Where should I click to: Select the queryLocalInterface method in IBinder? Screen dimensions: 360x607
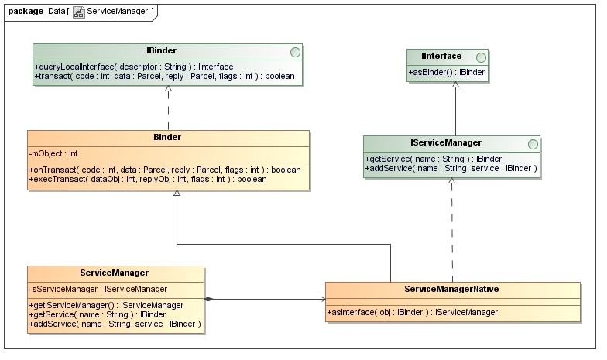tap(133, 67)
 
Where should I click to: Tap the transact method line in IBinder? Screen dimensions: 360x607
tap(164, 76)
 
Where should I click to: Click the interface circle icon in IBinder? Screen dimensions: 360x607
tap(294, 51)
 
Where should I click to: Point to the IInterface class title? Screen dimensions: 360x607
tap(441, 56)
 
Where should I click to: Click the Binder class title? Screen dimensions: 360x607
tap(168, 138)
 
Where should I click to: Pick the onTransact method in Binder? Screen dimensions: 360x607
tap(164, 170)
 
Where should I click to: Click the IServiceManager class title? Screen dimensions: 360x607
tap(445, 142)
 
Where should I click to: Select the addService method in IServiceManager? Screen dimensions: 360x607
tap(450, 168)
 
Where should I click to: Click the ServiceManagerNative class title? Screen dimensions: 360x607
tap(451, 289)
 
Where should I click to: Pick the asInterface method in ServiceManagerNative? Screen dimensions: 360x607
tap(412, 312)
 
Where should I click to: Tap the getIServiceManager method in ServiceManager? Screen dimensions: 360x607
tap(106, 305)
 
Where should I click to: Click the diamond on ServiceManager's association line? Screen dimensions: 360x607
tap(209, 299)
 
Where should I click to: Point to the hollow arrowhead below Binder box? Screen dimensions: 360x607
tap(177, 194)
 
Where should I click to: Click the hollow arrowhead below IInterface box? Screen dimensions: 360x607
tap(455, 85)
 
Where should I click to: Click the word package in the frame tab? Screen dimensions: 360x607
tap(26, 11)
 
